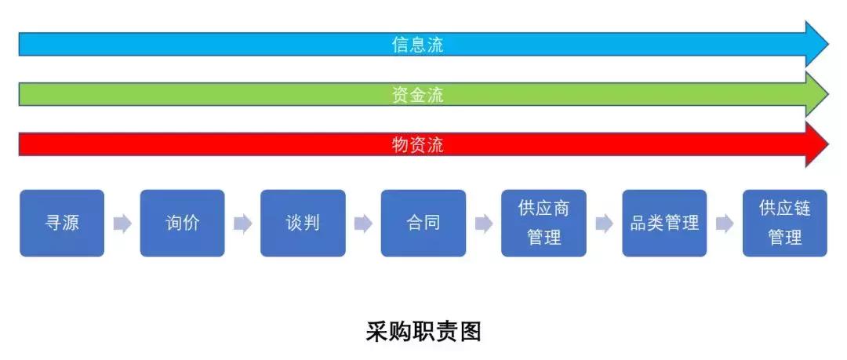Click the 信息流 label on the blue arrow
click(418, 45)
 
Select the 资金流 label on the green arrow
click(418, 95)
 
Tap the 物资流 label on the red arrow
click(418, 144)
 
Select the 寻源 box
click(62, 223)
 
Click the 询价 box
click(183, 223)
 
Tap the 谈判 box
click(303, 223)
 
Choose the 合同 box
click(423, 223)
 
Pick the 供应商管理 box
click(543, 223)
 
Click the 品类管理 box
click(664, 223)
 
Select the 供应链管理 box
click(785, 223)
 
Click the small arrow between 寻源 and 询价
click(122, 224)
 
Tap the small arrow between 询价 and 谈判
click(243, 224)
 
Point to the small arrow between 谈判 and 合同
click(363, 224)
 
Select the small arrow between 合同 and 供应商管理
click(484, 224)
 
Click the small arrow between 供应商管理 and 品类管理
click(604, 224)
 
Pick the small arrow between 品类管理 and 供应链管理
click(725, 224)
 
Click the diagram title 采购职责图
click(423, 331)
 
